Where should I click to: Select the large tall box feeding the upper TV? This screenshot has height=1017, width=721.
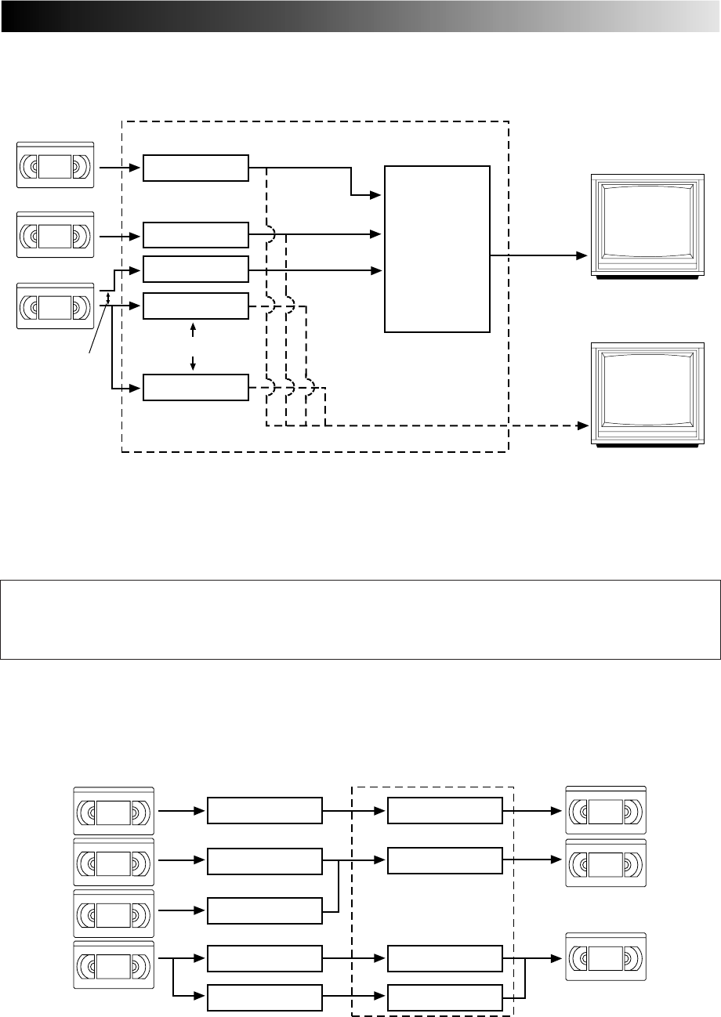point(437,248)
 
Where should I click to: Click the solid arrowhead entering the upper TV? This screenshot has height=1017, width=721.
point(582,256)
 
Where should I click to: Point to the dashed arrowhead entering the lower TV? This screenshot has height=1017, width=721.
point(582,425)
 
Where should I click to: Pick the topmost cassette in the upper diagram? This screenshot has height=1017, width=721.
point(55,165)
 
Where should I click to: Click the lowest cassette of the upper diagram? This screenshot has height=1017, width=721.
point(55,306)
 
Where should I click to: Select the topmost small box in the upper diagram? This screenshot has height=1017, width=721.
point(195,168)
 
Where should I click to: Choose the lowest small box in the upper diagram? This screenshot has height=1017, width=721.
point(195,387)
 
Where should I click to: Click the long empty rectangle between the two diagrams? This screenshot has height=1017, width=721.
point(360,619)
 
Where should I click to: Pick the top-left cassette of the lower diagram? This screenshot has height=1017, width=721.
point(114,810)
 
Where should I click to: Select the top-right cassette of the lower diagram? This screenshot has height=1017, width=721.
point(606,810)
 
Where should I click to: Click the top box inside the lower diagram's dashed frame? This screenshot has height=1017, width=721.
point(444,810)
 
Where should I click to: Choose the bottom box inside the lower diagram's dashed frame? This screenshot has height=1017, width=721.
point(444,996)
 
